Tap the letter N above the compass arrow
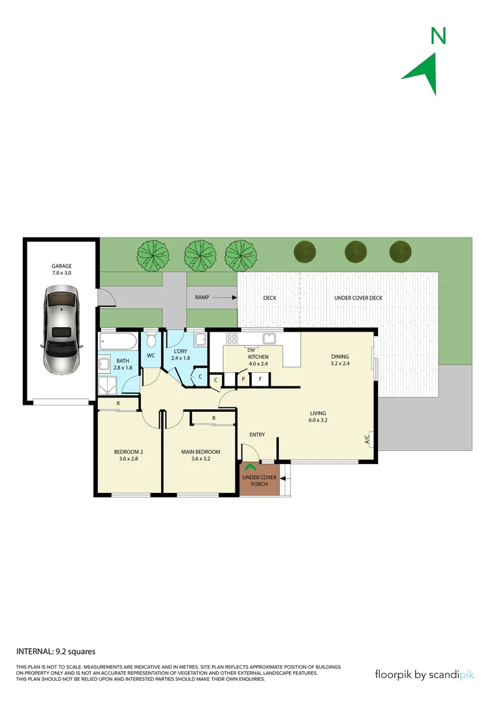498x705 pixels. click(x=439, y=36)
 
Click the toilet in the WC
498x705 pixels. click(x=151, y=341)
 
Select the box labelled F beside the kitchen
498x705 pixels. click(x=260, y=379)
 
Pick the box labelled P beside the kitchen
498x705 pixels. click(x=243, y=379)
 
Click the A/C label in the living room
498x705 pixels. click(x=367, y=439)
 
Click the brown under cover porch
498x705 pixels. click(x=259, y=480)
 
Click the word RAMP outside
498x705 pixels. click(x=202, y=298)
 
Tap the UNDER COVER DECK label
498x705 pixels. click(x=358, y=298)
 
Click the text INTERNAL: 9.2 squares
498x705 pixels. click(x=56, y=651)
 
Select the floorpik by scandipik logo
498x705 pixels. click(x=424, y=674)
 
